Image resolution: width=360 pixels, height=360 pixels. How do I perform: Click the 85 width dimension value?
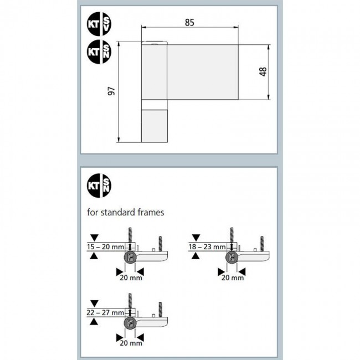point(190,23)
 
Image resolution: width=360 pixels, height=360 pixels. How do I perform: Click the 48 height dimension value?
point(263,71)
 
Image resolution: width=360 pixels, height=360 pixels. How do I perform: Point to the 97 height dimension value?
point(111,92)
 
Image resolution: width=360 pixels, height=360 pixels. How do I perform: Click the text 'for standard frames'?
point(125,212)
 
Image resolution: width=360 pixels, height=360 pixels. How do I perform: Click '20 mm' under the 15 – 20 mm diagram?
point(131,277)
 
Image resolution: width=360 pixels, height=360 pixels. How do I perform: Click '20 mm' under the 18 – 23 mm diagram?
point(232,277)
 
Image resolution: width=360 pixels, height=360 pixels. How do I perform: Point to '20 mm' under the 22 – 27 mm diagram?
point(131,343)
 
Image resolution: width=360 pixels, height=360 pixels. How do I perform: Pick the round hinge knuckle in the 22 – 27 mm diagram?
point(131,324)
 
